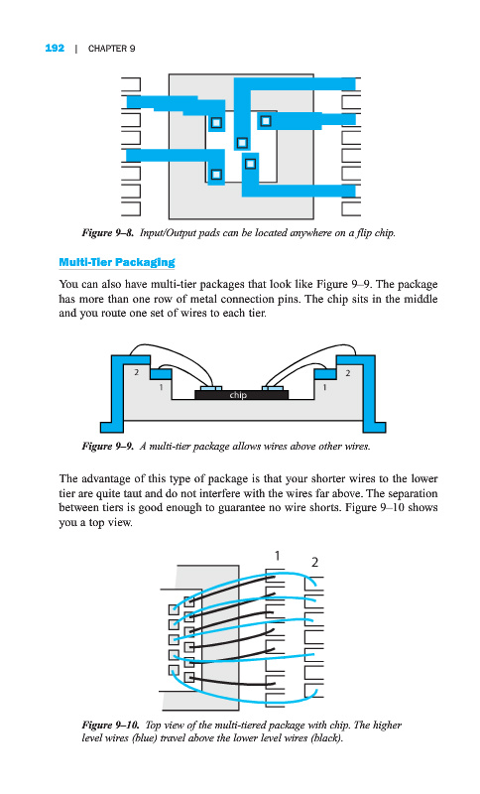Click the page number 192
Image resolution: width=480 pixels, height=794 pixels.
(55, 48)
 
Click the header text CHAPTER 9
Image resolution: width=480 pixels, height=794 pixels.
(111, 49)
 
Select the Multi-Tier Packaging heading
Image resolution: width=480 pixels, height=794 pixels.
(117, 262)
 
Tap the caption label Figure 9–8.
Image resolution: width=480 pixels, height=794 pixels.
(108, 233)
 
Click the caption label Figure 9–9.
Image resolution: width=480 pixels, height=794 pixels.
(108, 446)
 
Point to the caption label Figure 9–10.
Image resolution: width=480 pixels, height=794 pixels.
(110, 726)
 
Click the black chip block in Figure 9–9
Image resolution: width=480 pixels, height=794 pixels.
(242, 394)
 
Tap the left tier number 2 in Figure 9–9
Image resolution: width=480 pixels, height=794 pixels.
(136, 372)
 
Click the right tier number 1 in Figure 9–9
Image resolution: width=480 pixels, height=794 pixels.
(324, 387)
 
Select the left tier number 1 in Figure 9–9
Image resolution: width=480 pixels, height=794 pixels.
(161, 387)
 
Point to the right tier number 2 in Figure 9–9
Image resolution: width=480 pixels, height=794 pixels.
(347, 373)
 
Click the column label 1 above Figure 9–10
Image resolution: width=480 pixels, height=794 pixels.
(277, 556)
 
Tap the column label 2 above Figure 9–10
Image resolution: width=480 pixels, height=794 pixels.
(314, 562)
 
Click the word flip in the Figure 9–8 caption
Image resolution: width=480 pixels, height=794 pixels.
(364, 233)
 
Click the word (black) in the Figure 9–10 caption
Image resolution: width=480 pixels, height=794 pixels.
(325, 738)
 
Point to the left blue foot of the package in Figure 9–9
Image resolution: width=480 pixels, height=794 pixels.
(112, 427)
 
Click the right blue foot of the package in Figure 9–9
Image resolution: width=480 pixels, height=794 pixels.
(374, 427)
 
